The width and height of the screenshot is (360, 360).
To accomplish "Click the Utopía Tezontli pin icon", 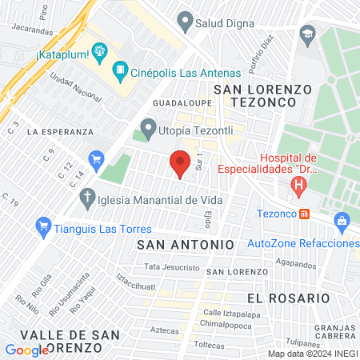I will (x=148, y=127).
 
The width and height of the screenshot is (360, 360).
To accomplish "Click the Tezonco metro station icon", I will (x=304, y=214).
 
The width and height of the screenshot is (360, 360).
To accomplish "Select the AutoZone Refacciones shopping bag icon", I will (x=342, y=220).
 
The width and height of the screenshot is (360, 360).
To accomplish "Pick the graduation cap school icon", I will (x=306, y=34).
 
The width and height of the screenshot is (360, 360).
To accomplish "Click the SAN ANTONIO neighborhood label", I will (x=185, y=243).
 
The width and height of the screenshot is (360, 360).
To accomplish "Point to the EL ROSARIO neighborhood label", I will (x=288, y=298).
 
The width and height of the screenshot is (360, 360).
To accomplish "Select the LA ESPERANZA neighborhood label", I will (x=60, y=130).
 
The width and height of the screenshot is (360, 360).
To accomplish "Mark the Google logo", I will (x=26, y=350).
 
